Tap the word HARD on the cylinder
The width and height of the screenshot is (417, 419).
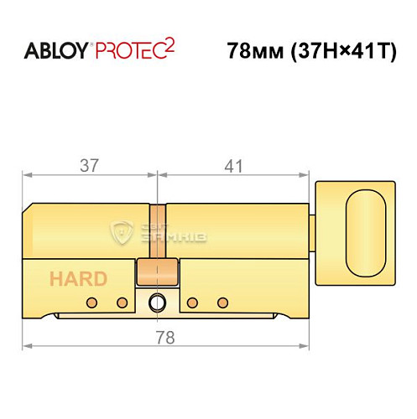[x=77, y=279]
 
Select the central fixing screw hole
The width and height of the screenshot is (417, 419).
[x=157, y=303]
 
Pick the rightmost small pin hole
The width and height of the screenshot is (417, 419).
[x=222, y=302]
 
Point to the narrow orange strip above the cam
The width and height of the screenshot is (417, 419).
[x=157, y=230]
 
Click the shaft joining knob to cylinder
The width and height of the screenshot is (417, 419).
[x=312, y=227]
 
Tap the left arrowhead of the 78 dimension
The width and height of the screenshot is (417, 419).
[x=26, y=345]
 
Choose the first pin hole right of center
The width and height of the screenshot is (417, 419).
[x=192, y=302]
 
